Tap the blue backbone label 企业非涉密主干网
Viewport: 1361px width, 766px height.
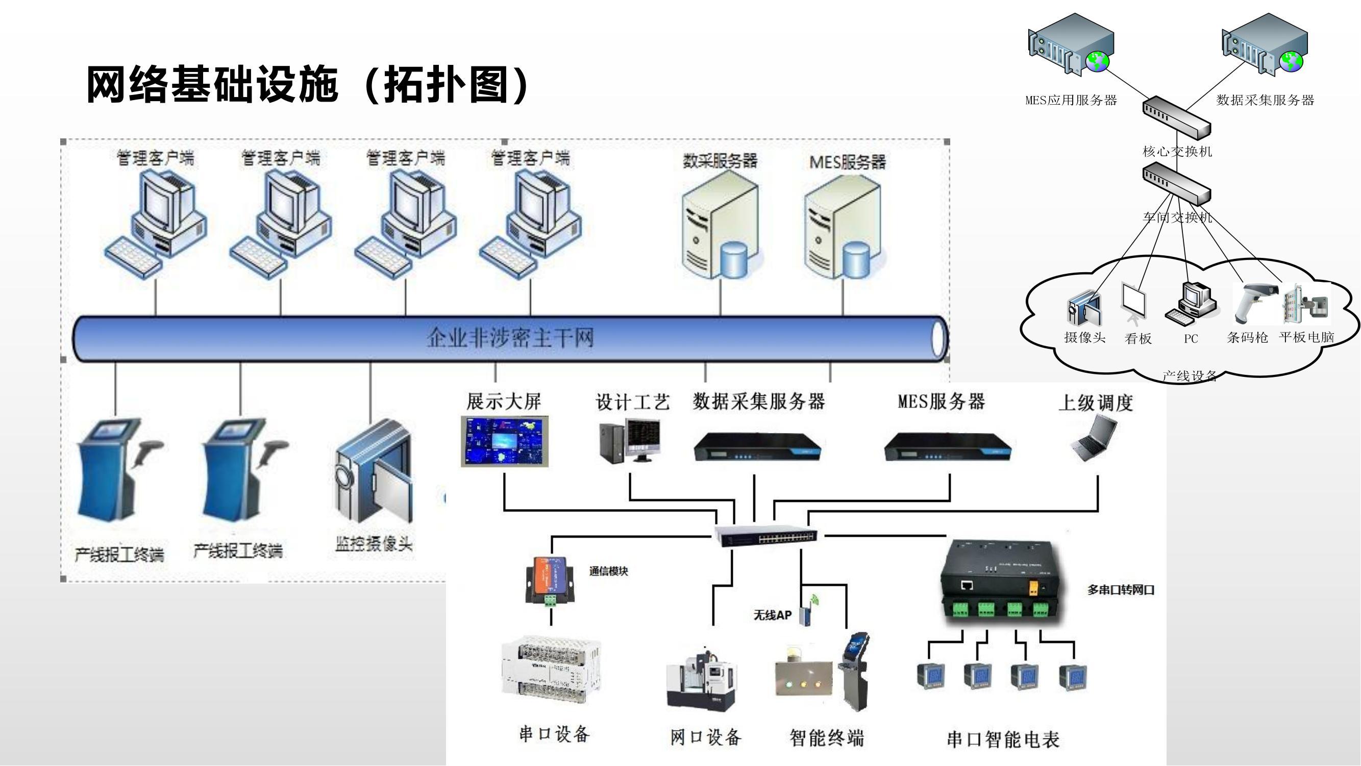tap(510, 338)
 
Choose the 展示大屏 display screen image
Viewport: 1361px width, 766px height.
tap(505, 441)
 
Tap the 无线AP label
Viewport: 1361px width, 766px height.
tap(773, 615)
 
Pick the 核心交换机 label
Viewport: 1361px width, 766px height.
tap(1177, 152)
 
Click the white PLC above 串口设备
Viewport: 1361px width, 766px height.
tap(551, 671)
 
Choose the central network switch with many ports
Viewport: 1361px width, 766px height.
tap(766, 536)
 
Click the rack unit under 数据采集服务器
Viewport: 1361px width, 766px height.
tap(758, 447)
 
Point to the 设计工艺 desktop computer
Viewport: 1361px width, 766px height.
tap(630, 440)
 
